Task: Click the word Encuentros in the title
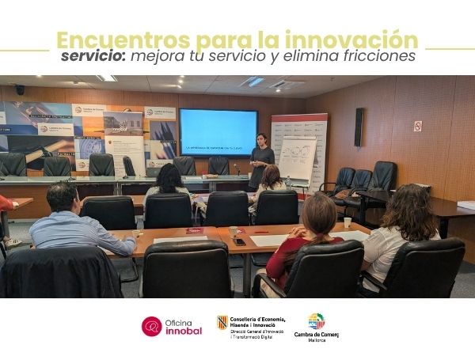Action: (x=112, y=40)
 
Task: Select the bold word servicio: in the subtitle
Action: (x=93, y=57)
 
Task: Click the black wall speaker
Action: (x=359, y=127)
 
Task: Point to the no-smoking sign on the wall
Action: (x=417, y=126)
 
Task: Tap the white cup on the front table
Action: (x=347, y=222)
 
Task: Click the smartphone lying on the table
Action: (x=239, y=242)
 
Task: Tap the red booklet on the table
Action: (x=195, y=231)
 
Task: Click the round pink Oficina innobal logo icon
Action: (x=152, y=326)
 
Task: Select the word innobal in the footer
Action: (x=184, y=331)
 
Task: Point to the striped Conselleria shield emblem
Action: (x=222, y=321)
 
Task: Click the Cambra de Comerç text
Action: (x=317, y=335)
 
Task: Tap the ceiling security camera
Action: (x=20, y=89)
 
